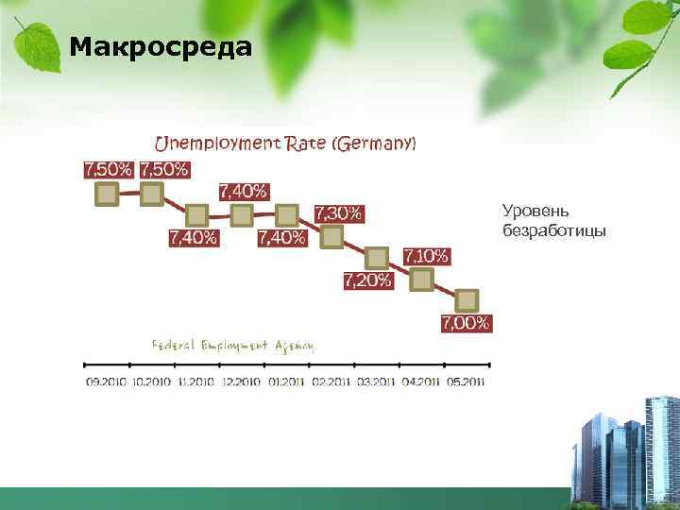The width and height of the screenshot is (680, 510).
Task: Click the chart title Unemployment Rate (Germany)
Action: tap(284, 144)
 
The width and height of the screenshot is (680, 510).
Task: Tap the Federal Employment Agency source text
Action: tap(233, 345)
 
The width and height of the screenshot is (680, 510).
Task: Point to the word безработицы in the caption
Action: tap(541, 230)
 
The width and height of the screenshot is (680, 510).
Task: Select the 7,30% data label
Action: tap(337, 212)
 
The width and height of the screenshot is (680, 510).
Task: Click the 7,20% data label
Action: tap(367, 280)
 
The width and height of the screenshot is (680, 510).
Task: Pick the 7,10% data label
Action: tap(426, 256)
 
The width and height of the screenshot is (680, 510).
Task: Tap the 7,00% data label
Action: tap(466, 323)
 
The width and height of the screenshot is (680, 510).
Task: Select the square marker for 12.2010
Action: tap(242, 215)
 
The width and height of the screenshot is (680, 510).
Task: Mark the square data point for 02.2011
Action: tap(331, 236)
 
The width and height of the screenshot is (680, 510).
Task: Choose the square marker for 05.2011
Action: tap(467, 300)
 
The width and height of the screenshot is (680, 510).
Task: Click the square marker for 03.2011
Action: tap(377, 257)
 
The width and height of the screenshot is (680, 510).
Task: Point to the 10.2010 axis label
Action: tap(152, 382)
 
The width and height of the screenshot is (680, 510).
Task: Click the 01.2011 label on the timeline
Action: tap(286, 382)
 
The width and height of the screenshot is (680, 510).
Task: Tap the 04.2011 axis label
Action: tap(421, 382)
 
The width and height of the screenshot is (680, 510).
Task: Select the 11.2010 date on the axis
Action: tap(196, 382)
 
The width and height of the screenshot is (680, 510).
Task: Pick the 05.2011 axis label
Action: tap(466, 382)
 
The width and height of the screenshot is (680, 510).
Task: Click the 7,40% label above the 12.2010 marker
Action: tap(243, 191)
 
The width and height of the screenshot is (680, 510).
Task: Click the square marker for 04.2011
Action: tap(421, 279)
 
